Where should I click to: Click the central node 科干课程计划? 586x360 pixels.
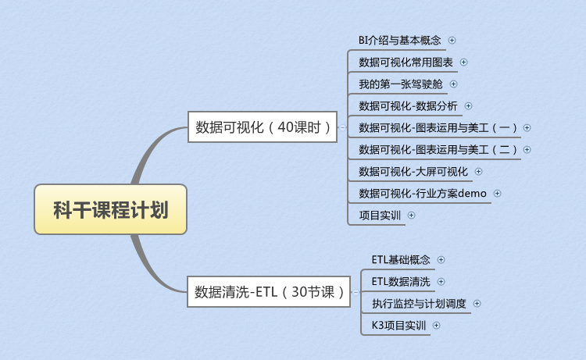110,209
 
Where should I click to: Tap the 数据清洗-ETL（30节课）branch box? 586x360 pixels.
270,293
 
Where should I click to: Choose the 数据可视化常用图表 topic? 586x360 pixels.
405,62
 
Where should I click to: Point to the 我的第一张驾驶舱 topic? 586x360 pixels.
400,84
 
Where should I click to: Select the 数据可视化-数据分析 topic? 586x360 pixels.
408,105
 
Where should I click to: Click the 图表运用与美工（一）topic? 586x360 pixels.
437,127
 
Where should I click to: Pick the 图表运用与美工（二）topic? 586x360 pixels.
437,149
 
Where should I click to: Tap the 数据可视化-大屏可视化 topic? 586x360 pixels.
413,171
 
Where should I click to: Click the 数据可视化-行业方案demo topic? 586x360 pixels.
422,193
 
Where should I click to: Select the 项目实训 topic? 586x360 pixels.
379,215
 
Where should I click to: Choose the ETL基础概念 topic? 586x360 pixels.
401,259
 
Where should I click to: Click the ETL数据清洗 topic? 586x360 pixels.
401,281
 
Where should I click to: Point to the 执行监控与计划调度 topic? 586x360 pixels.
419,303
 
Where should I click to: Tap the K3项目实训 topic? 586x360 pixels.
398,325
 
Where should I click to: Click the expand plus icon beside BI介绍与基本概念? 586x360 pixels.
452,40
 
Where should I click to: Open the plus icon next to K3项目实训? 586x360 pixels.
436,325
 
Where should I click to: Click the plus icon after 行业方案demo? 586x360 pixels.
497,193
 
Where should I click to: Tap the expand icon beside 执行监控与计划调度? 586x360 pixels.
477,303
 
